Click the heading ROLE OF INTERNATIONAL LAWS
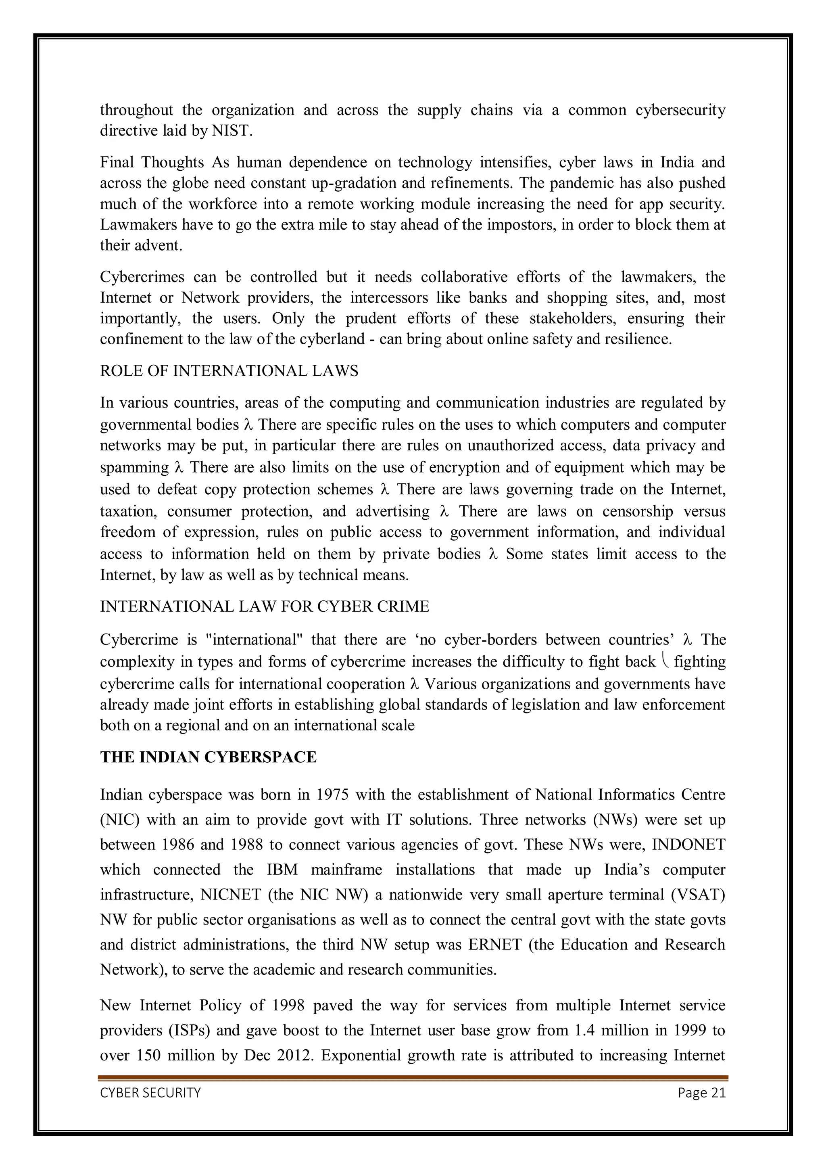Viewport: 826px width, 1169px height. coord(229,371)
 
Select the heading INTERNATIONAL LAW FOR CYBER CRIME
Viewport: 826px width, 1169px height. coord(265,606)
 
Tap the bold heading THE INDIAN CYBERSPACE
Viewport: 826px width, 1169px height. coord(208,757)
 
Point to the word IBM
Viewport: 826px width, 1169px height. coord(282,870)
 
